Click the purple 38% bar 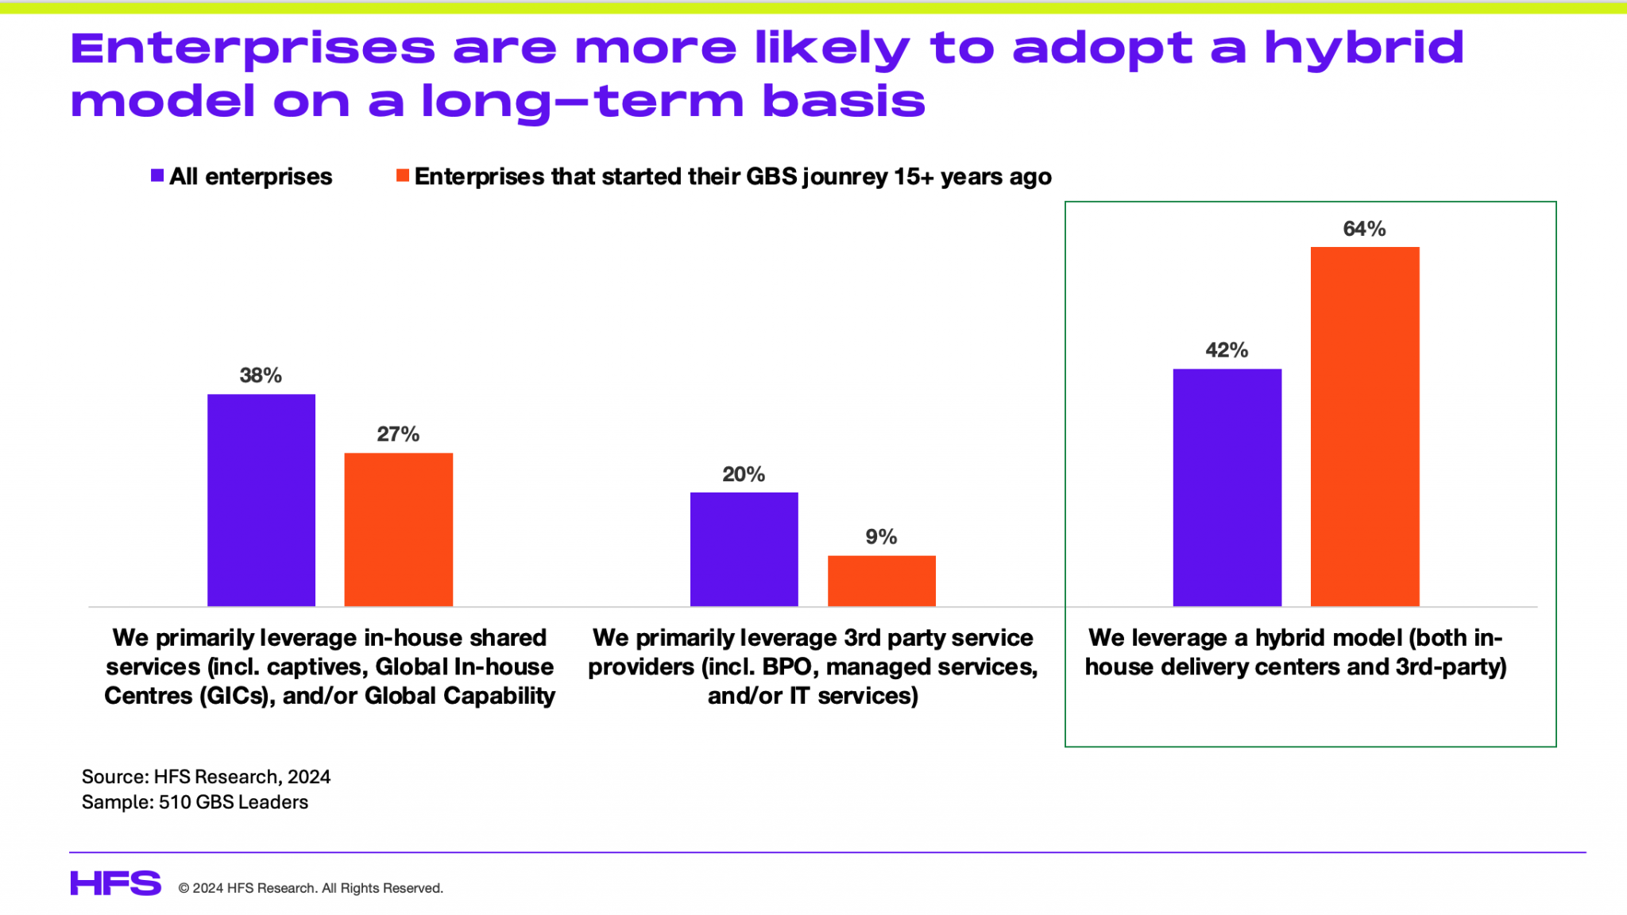(x=261, y=500)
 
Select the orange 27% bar (x=398, y=530)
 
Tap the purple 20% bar (x=744, y=550)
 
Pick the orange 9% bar (x=881, y=581)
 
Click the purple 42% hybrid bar (x=1227, y=488)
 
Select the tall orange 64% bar (x=1364, y=427)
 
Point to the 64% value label (x=1364, y=229)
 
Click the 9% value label (x=881, y=537)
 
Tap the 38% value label (x=261, y=376)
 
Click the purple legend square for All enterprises (x=157, y=176)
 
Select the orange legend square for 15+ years (x=403, y=176)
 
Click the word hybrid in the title (x=1363, y=49)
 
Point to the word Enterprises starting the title (x=253, y=49)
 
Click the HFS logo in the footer (x=116, y=883)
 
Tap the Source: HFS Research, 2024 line (x=206, y=777)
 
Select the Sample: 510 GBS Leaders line (x=195, y=802)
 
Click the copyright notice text (x=311, y=888)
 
